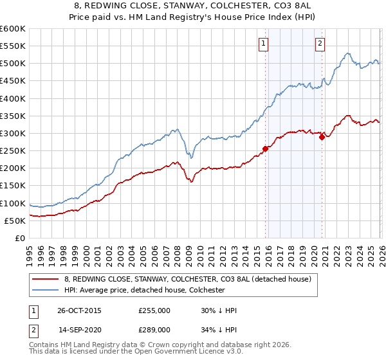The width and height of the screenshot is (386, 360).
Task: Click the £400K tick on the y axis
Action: click(13, 98)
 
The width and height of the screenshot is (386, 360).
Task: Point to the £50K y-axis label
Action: click(15, 221)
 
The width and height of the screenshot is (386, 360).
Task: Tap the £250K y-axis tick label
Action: click(13, 150)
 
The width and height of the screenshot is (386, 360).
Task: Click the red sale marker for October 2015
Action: click(265, 148)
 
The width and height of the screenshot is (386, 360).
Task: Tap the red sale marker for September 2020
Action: click(322, 137)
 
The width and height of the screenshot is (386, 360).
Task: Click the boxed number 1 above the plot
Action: click(264, 44)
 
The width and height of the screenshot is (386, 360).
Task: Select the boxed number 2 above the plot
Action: click(320, 44)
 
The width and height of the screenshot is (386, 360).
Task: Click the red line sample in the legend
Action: click(46, 279)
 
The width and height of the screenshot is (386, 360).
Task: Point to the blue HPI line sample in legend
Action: click(46, 290)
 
